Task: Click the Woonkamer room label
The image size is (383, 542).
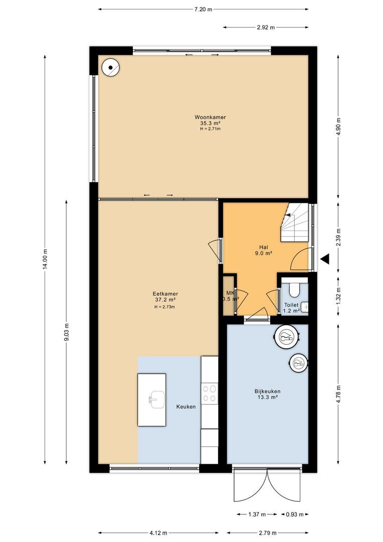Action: [x=210, y=117]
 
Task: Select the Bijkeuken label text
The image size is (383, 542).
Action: [x=267, y=391]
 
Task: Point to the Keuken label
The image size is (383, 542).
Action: [x=186, y=406]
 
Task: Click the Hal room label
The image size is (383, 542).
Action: [x=264, y=247]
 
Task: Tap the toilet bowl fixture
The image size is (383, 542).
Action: [x=294, y=290]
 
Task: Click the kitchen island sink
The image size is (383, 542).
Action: [x=157, y=399]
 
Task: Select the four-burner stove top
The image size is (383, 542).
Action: [x=210, y=393]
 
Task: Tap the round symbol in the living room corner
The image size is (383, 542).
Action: [x=110, y=67]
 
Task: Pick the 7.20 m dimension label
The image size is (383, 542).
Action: [x=203, y=10]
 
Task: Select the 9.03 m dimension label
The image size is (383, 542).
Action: [x=67, y=332]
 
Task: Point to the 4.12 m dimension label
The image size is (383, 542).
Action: [x=158, y=532]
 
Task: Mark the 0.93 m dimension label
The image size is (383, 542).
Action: [x=295, y=514]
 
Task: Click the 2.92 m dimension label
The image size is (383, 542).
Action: [x=266, y=27]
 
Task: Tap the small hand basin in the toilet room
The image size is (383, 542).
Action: [x=304, y=307]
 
